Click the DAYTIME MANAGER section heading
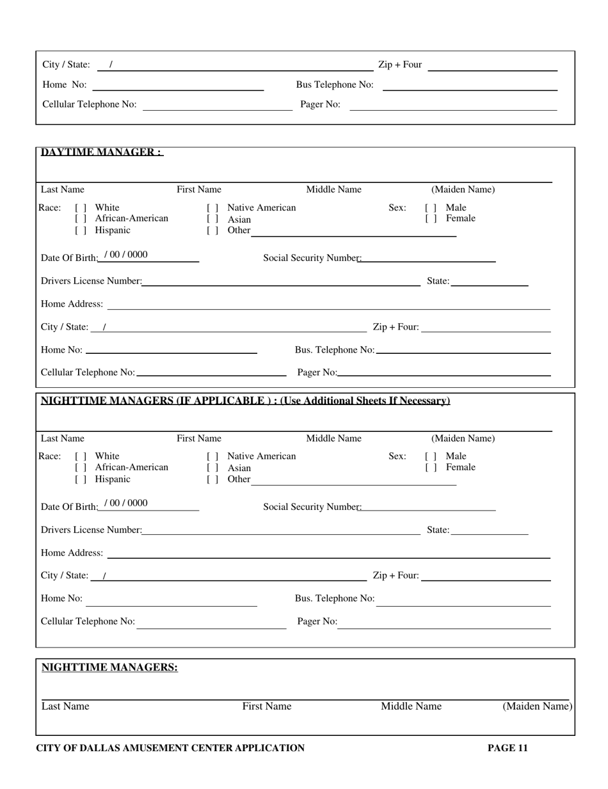point(102,152)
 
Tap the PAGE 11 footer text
point(508,748)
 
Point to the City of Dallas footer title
point(170,748)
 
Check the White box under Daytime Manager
point(81,208)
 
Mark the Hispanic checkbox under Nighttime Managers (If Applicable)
point(81,479)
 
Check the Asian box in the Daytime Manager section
point(212,219)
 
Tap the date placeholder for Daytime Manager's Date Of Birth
point(125,255)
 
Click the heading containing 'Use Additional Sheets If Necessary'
point(245,401)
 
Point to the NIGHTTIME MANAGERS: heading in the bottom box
point(109,667)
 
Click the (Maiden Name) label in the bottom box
point(537,706)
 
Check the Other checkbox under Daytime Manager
point(212,230)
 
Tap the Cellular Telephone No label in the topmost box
point(89,104)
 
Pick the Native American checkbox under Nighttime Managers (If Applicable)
point(212,457)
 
